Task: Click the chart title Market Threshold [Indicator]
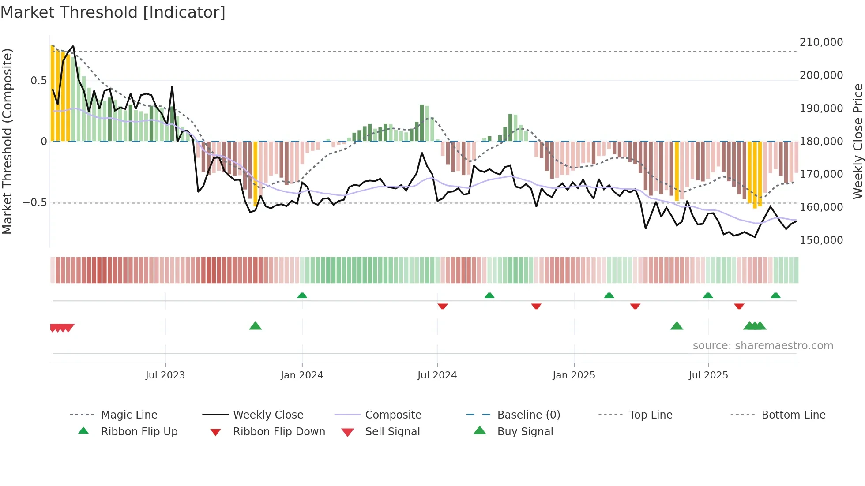(x=113, y=12)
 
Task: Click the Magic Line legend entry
(x=129, y=415)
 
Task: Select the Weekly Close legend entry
(x=268, y=415)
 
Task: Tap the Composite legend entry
(x=393, y=415)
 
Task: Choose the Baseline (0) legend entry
(x=528, y=415)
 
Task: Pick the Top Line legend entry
(x=651, y=415)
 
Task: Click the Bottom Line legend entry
(x=793, y=415)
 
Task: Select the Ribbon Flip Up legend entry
(x=139, y=431)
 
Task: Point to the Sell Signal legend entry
(x=392, y=431)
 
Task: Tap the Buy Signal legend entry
(x=525, y=431)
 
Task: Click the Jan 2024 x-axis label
(x=302, y=375)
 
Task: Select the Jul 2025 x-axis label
(x=708, y=375)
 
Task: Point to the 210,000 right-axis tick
(x=821, y=42)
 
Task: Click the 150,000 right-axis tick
(x=821, y=240)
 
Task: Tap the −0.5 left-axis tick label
(x=34, y=202)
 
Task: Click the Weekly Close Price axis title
(x=857, y=141)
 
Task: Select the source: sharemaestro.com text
(x=763, y=346)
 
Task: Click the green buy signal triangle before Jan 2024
(x=255, y=326)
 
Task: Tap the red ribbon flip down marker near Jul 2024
(x=443, y=306)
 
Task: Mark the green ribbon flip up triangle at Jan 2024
(x=302, y=295)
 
